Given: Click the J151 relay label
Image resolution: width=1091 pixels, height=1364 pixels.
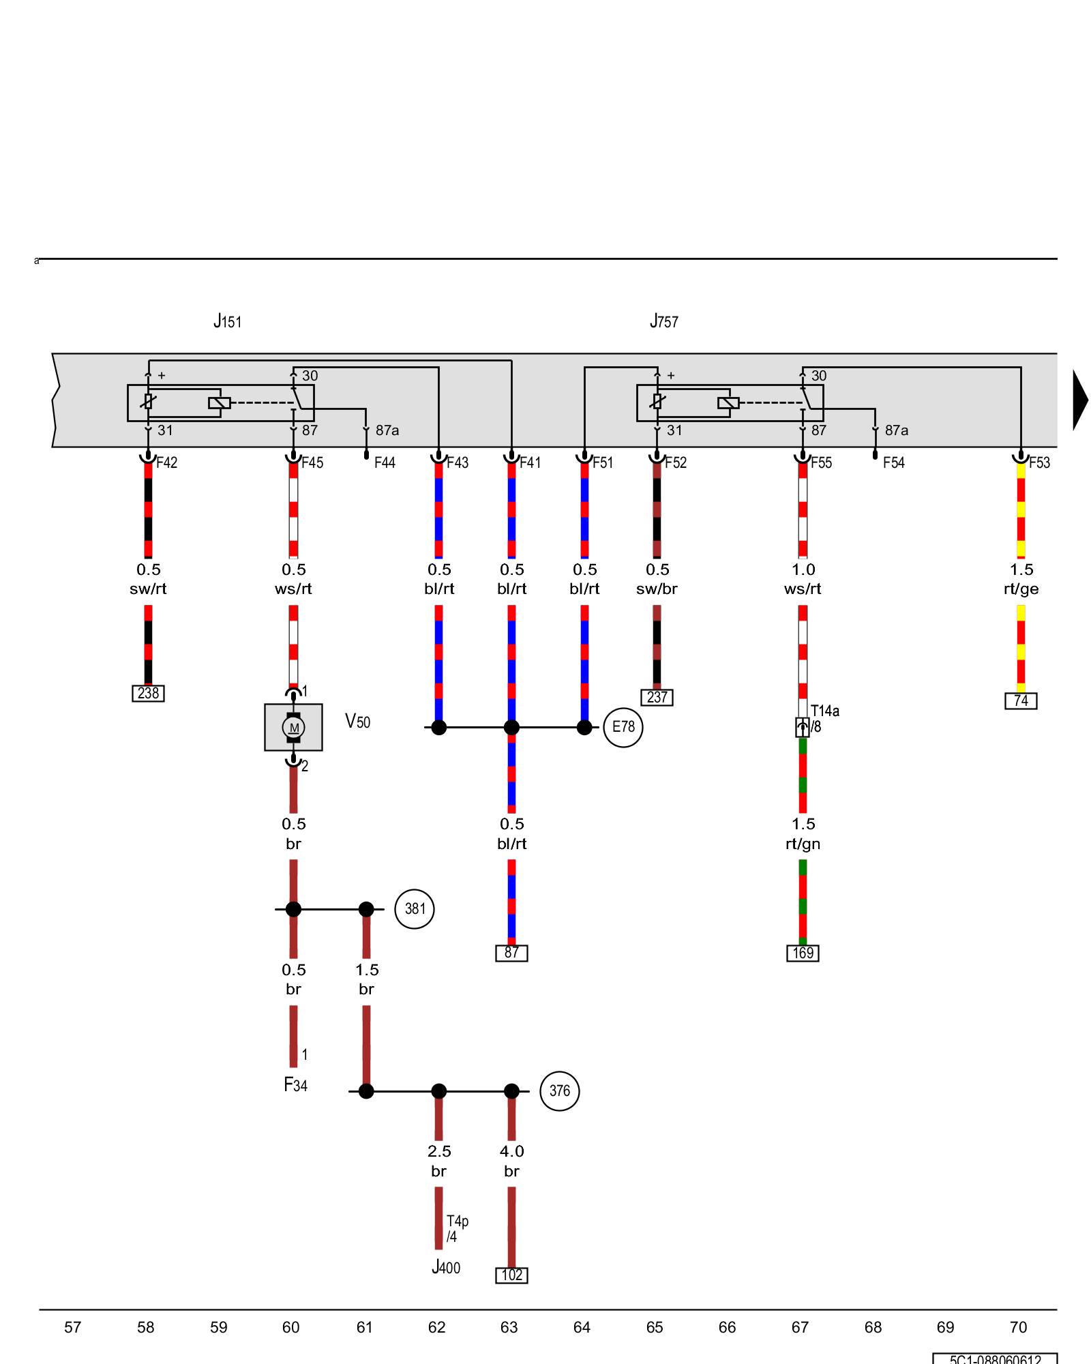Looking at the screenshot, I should pyautogui.click(x=227, y=321).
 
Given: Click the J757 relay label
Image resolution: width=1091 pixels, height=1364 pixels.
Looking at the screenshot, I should pyautogui.click(x=663, y=321).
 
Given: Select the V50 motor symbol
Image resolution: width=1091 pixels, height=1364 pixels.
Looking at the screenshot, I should pyautogui.click(x=293, y=727).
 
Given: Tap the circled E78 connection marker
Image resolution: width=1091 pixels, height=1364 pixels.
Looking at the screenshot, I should pyautogui.click(x=623, y=727).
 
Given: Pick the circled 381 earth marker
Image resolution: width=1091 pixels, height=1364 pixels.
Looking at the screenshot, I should pyautogui.click(x=415, y=909).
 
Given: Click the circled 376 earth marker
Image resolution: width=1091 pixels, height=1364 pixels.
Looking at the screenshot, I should pyautogui.click(x=559, y=1091).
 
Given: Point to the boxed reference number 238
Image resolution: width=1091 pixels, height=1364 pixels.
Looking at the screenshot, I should pyautogui.click(x=148, y=694).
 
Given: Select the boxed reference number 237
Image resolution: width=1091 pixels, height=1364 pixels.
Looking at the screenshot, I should pyautogui.click(x=657, y=698).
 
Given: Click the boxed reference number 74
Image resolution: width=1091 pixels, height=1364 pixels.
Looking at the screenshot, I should pyautogui.click(x=1021, y=701).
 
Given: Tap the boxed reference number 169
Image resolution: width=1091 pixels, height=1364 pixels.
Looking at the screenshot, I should pyautogui.click(x=803, y=953).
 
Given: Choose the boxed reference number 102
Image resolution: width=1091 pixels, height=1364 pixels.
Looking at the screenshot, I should pyautogui.click(x=511, y=1275).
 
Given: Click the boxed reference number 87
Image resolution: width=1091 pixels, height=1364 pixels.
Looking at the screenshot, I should pyautogui.click(x=511, y=953).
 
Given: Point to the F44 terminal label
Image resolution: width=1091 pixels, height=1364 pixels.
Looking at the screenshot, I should pyautogui.click(x=385, y=463).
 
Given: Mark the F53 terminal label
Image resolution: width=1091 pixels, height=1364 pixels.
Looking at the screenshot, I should pyautogui.click(x=1039, y=463).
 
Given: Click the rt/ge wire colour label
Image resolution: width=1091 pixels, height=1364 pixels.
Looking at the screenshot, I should pyautogui.click(x=1021, y=589).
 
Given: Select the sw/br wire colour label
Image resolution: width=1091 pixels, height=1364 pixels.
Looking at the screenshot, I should pyautogui.click(x=657, y=589).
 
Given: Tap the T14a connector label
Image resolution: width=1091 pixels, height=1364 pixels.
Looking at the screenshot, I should pyautogui.click(x=824, y=711).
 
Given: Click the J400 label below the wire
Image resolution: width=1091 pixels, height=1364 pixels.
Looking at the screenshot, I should pyautogui.click(x=446, y=1268).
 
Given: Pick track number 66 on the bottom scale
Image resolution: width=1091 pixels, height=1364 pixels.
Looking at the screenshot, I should pyautogui.click(x=727, y=1328).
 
